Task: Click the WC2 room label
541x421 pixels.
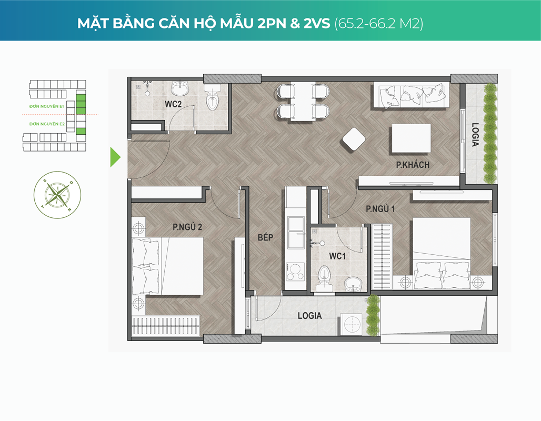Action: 173,104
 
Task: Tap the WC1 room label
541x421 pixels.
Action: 336,256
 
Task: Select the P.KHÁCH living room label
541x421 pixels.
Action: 413,165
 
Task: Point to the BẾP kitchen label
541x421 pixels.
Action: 265,238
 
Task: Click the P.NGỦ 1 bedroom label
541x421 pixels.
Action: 380,209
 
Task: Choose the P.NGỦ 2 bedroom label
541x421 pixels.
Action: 187,227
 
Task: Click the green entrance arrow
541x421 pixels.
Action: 115,157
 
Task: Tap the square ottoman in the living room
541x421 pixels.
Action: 354,139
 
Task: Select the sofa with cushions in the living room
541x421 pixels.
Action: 411,95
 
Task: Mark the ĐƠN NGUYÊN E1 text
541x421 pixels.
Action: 46,106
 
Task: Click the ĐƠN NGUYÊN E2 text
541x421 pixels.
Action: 46,124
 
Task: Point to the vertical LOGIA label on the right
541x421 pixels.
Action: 475,136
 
